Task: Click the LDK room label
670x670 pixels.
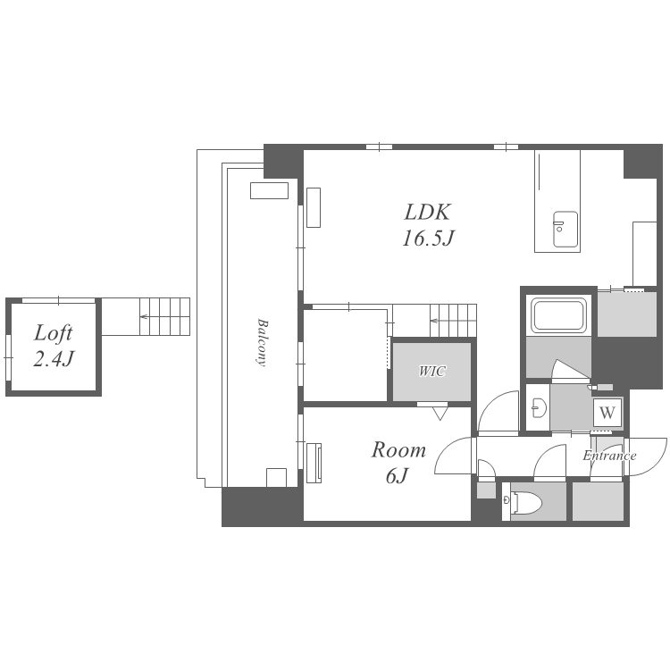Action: tap(427, 212)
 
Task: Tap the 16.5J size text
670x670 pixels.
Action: tap(427, 238)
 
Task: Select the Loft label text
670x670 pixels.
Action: tap(53, 333)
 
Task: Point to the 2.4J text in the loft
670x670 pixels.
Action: tap(54, 358)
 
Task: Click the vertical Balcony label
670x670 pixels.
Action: tap(262, 342)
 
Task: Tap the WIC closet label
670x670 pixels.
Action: tap(432, 371)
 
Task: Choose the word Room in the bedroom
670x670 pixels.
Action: tap(398, 450)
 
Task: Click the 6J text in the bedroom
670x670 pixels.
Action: tap(398, 475)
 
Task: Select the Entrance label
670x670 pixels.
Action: tap(609, 456)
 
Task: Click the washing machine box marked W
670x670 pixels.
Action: tap(607, 413)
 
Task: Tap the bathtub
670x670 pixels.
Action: tap(558, 315)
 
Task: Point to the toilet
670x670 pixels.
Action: tap(523, 502)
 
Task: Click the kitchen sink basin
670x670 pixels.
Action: tap(565, 229)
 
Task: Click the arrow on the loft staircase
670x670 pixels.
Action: tap(144, 316)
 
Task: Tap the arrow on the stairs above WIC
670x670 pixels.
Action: tap(434, 321)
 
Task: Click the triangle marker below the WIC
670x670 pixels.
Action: tap(440, 414)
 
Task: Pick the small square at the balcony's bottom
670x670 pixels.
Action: tap(276, 477)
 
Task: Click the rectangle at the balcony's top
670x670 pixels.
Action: tap(269, 190)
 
